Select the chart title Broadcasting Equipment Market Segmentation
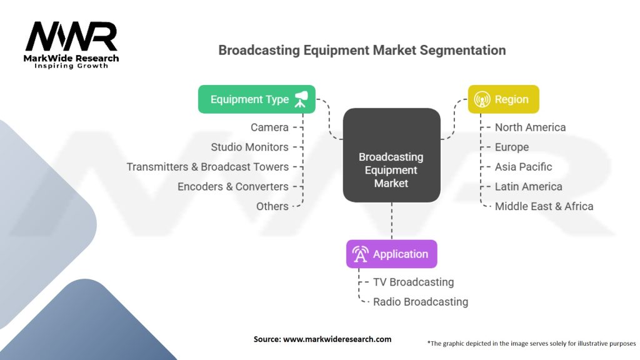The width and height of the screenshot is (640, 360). point(362,50)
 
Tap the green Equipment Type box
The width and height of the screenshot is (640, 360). point(256,99)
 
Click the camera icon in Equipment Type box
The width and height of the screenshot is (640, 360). point(301,99)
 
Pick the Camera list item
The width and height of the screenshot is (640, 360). point(269,127)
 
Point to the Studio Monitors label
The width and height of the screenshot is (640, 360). point(249,147)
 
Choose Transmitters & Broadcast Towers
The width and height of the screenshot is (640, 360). point(207,167)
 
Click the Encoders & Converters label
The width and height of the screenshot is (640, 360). point(232,187)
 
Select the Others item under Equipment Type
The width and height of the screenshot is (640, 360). point(272,206)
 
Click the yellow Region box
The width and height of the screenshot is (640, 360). point(503,99)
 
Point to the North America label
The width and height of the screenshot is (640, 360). point(530,127)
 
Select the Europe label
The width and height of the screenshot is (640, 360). point(511,147)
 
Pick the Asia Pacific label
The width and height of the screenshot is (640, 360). point(523,167)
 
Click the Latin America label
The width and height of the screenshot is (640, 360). point(528,187)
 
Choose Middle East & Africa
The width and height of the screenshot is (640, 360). point(544,206)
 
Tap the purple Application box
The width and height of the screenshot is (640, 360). point(391,254)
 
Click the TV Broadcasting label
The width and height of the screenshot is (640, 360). point(413,282)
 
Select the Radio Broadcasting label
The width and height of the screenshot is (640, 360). point(420,302)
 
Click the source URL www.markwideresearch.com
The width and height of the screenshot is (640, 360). point(337,339)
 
